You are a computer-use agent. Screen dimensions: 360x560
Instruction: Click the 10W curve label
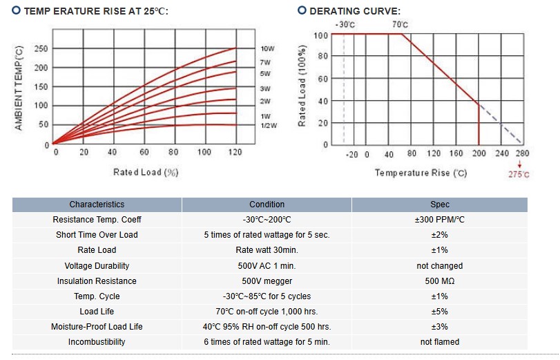[267, 49]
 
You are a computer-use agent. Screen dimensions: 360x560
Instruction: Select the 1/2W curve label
[268, 125]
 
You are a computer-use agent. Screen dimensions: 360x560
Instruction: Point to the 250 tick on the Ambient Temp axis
[41, 49]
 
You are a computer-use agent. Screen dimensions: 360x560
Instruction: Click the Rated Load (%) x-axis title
[146, 172]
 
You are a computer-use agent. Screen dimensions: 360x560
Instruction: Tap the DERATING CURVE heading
[354, 11]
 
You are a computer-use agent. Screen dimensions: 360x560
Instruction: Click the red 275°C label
[519, 175]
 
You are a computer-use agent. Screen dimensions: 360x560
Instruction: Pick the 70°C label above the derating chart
[400, 25]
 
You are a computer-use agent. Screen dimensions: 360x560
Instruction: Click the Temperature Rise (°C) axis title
[421, 173]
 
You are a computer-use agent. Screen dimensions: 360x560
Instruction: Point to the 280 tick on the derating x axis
[521, 154]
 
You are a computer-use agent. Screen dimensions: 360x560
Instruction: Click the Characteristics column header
[97, 205]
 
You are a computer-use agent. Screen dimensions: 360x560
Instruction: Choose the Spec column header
[439, 205]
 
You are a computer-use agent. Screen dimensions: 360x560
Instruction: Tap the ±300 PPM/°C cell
[439, 220]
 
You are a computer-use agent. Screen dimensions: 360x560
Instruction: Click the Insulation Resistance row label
[97, 281]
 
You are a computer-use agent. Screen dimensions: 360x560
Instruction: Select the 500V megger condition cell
[267, 281]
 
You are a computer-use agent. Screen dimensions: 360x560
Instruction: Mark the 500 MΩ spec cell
[439, 281]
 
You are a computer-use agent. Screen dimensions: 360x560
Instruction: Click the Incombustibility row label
[97, 342]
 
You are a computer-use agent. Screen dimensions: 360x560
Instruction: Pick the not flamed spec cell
[439, 342]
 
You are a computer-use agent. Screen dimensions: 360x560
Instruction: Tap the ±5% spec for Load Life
[439, 312]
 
